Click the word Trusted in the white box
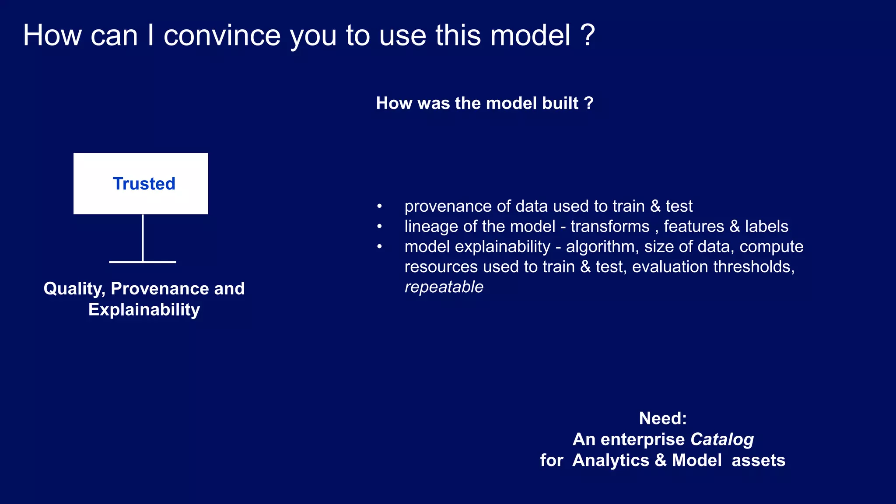point(144,184)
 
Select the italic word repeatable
point(444,287)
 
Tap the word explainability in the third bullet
point(502,247)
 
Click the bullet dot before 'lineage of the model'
point(379,227)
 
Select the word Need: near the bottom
point(662,418)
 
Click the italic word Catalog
point(722,439)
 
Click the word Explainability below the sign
point(144,310)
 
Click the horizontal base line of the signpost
point(143,262)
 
